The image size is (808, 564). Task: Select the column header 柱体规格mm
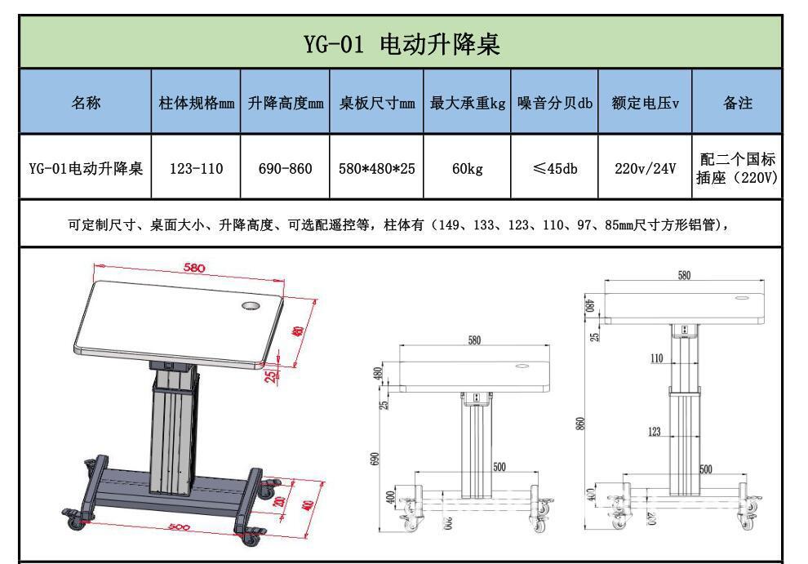pos(196,104)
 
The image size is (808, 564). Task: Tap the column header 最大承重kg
pos(468,104)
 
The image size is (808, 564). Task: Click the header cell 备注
pos(737,104)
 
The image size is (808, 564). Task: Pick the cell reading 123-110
pos(196,169)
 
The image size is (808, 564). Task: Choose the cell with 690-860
pos(285,169)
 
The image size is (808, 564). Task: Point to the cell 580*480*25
pos(376,169)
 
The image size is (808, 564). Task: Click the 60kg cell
pos(468,169)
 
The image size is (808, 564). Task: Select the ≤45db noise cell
pos(554,169)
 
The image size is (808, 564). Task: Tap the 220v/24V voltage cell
pos(645,169)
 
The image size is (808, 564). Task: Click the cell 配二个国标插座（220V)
pos(737,168)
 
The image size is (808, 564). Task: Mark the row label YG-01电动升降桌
pos(86,169)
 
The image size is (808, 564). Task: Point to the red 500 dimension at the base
pos(178,527)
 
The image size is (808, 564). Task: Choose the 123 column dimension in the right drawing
pos(655,433)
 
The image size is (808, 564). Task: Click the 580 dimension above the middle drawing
pos(474,340)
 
